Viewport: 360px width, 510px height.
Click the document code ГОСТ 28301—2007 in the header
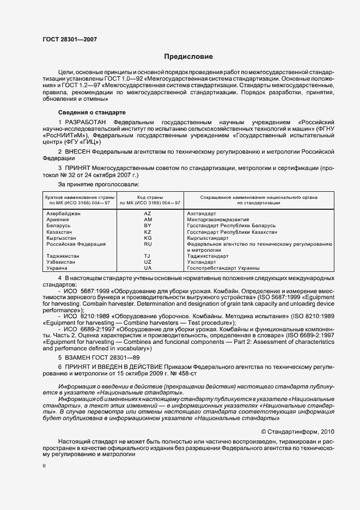tap(69, 39)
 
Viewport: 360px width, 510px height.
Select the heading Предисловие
tap(188, 57)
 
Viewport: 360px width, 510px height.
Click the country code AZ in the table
tap(147, 214)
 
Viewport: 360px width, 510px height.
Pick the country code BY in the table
tap(147, 226)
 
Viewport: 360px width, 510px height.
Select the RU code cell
tap(147, 244)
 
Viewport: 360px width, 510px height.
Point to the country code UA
tap(147, 268)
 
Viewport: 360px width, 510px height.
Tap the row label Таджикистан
tap(63, 256)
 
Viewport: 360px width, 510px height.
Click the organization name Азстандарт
tap(202, 214)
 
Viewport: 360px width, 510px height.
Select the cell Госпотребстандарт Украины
tap(222, 268)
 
